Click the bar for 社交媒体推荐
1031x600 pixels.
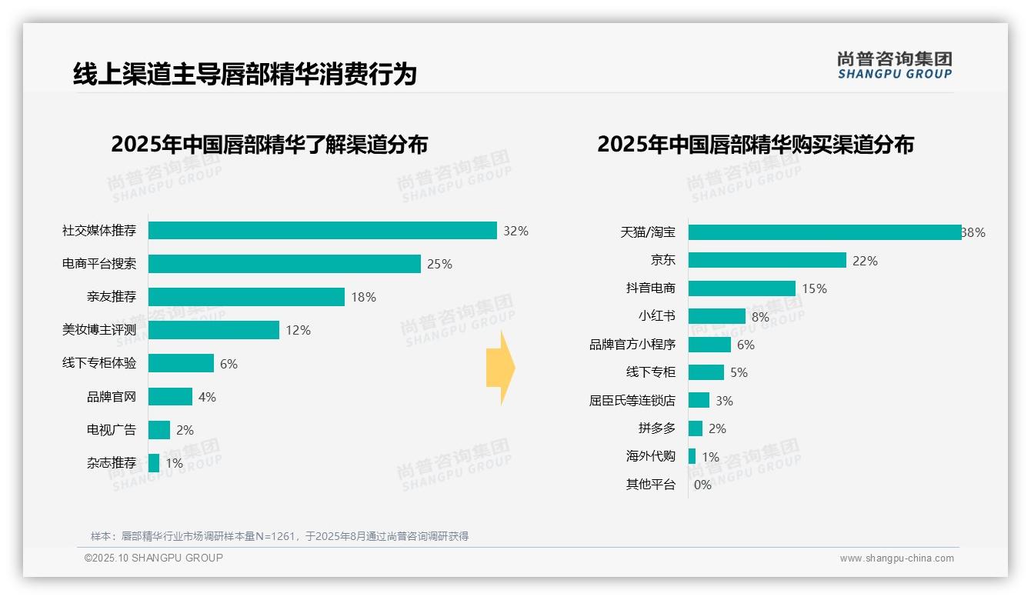tap(322, 231)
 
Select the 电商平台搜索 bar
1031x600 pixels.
tap(285, 264)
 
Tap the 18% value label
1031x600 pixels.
tap(364, 297)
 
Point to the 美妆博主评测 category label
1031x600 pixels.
tap(99, 330)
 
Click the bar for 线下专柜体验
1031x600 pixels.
tap(181, 363)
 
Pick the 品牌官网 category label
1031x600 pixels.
tap(112, 397)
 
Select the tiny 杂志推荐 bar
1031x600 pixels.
tap(154, 463)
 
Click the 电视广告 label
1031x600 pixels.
tap(112, 430)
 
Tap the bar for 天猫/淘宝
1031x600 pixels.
tap(825, 232)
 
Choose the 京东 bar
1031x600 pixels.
tap(767, 261)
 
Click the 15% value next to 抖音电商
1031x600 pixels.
tap(814, 288)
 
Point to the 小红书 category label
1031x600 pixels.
tap(657, 316)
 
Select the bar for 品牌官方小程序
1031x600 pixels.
tap(709, 345)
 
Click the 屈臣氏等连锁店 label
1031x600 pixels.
tap(632, 401)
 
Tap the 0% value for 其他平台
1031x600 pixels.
tap(702, 485)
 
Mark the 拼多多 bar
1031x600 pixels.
tap(696, 428)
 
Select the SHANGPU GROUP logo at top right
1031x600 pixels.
tap(894, 65)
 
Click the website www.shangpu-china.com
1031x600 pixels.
tap(896, 558)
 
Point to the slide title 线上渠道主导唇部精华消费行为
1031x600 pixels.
tap(245, 74)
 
